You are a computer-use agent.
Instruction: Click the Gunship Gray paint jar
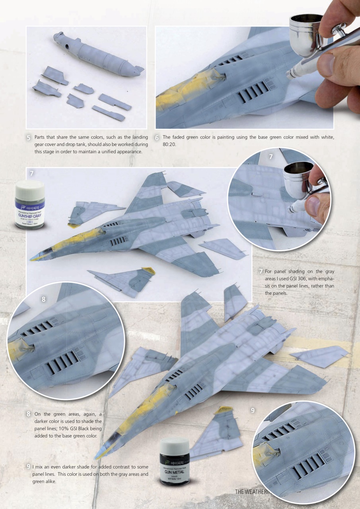click(30, 205)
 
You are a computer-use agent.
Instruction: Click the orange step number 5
click(28, 138)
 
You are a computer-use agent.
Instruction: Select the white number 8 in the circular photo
click(44, 300)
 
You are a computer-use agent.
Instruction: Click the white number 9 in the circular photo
click(253, 410)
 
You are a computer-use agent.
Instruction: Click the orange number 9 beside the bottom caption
click(29, 466)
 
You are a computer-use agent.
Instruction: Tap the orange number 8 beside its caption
click(29, 414)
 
